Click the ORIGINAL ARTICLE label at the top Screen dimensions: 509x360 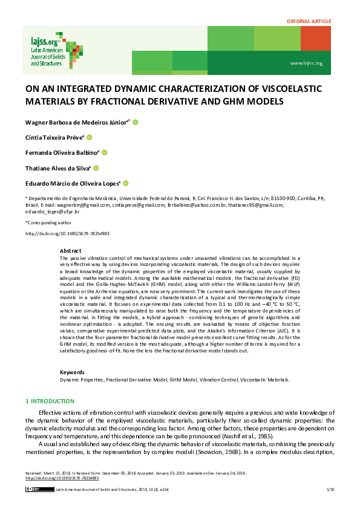point(309,21)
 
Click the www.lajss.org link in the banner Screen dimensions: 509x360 point(306,63)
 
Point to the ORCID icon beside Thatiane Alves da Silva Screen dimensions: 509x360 point(96,168)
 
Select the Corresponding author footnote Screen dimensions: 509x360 point(47,223)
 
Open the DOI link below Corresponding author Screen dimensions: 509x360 point(67,233)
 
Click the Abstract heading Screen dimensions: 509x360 point(70,250)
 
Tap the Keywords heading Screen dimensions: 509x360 point(73,372)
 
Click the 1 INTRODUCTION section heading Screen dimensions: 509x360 point(53,401)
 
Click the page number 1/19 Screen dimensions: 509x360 point(330,488)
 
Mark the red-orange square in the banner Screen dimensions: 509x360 point(315,39)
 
